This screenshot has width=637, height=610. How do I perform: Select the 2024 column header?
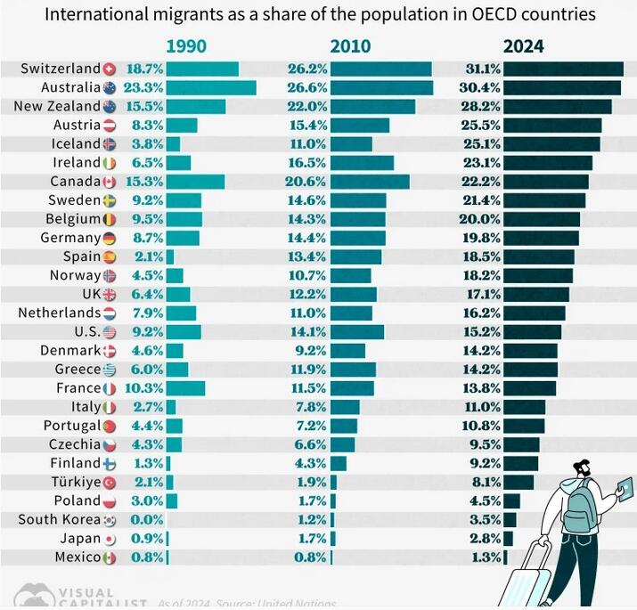523,46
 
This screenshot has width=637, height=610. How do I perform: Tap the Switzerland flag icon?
110,69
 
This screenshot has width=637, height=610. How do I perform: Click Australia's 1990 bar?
211,87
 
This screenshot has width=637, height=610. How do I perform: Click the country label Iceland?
77,143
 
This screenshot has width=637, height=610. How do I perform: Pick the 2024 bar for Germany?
541,238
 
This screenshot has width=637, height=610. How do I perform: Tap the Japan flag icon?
110,539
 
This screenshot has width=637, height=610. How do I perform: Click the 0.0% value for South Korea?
146,520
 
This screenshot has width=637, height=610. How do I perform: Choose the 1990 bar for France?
185,388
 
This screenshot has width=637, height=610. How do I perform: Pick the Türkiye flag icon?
110,482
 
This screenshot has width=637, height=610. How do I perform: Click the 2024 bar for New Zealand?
557,106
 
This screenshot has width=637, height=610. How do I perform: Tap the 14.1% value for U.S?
306,331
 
